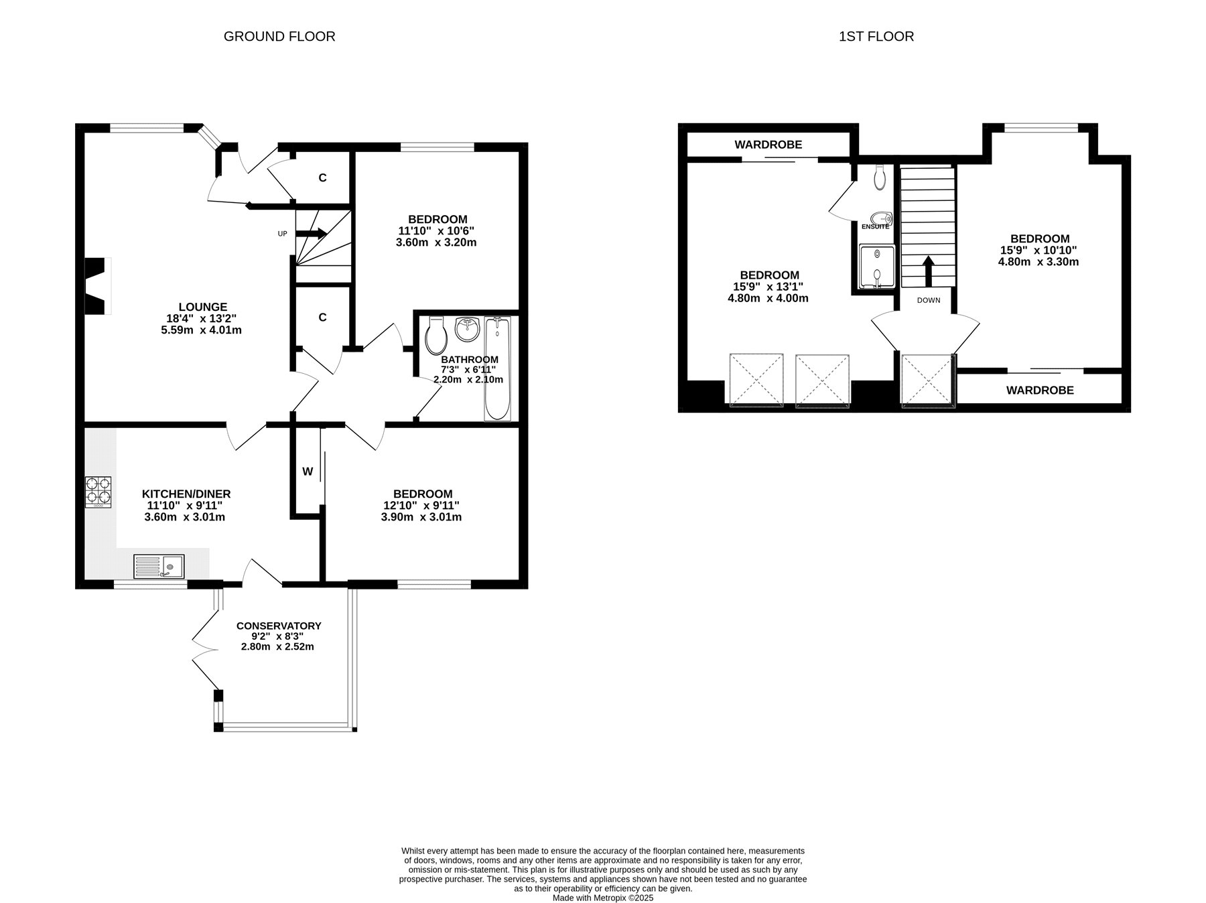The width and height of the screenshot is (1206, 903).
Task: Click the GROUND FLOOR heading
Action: point(279,36)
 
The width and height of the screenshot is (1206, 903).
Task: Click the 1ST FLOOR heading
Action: point(876,36)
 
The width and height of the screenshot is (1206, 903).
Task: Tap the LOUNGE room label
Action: point(202,307)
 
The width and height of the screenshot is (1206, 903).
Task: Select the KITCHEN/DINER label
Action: point(186,494)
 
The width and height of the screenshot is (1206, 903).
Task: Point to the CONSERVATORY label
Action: point(279,626)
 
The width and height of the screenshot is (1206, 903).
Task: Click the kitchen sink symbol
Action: point(159,566)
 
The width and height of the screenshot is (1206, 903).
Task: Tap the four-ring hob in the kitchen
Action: point(99,491)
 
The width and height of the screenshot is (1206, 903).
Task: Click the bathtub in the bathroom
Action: point(498,369)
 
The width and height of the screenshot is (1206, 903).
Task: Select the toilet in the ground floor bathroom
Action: point(436,335)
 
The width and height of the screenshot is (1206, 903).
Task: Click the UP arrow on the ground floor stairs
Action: point(311,233)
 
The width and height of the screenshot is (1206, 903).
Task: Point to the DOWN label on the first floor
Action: point(929,300)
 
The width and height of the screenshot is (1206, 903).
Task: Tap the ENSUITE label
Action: point(875,226)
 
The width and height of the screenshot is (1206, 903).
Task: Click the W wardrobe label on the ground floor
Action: point(308,472)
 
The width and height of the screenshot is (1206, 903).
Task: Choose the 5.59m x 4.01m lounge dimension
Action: point(202,330)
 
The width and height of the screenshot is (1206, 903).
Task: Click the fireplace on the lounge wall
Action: point(97,286)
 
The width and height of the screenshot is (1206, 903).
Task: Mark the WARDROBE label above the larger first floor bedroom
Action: point(768,145)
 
